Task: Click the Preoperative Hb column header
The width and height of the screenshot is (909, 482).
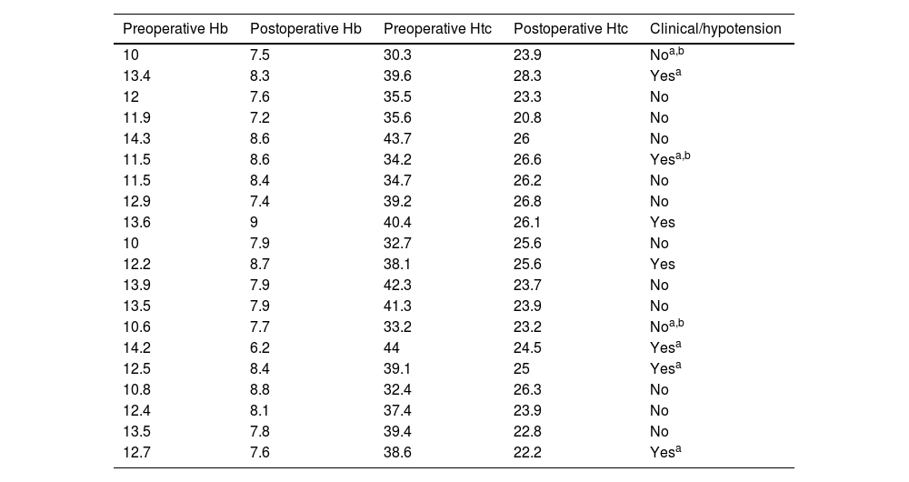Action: coord(175,29)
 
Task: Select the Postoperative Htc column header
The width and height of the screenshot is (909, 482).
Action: coord(571,29)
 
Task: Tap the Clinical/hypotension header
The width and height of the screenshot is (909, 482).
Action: coord(715,29)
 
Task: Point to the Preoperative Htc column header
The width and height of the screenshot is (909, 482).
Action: coord(438,29)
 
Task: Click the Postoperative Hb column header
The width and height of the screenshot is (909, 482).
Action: coord(305,29)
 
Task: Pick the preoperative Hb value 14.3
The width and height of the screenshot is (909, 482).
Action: coord(137,138)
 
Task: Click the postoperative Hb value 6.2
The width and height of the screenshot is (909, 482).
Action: coord(260,347)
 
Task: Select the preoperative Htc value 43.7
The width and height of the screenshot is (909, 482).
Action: coord(398,138)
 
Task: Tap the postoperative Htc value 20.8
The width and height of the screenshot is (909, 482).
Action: coord(527,117)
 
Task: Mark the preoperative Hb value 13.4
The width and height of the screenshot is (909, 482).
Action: coord(137,76)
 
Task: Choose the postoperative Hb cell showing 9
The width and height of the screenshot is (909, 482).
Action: coord(254,222)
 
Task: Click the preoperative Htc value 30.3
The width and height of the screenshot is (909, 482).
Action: coord(398,55)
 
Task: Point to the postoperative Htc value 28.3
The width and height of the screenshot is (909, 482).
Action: coord(527,76)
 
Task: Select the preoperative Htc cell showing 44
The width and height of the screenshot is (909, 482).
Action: coord(392,347)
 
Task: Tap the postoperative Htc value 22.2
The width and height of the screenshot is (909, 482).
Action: coord(527,452)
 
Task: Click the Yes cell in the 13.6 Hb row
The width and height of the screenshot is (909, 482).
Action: coord(663,222)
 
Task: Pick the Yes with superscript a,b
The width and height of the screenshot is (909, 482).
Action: coord(670,158)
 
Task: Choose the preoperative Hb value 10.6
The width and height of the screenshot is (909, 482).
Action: coord(137,326)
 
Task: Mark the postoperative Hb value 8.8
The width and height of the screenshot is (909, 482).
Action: coord(260,389)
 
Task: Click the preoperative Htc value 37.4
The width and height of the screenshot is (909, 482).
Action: coord(398,410)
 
